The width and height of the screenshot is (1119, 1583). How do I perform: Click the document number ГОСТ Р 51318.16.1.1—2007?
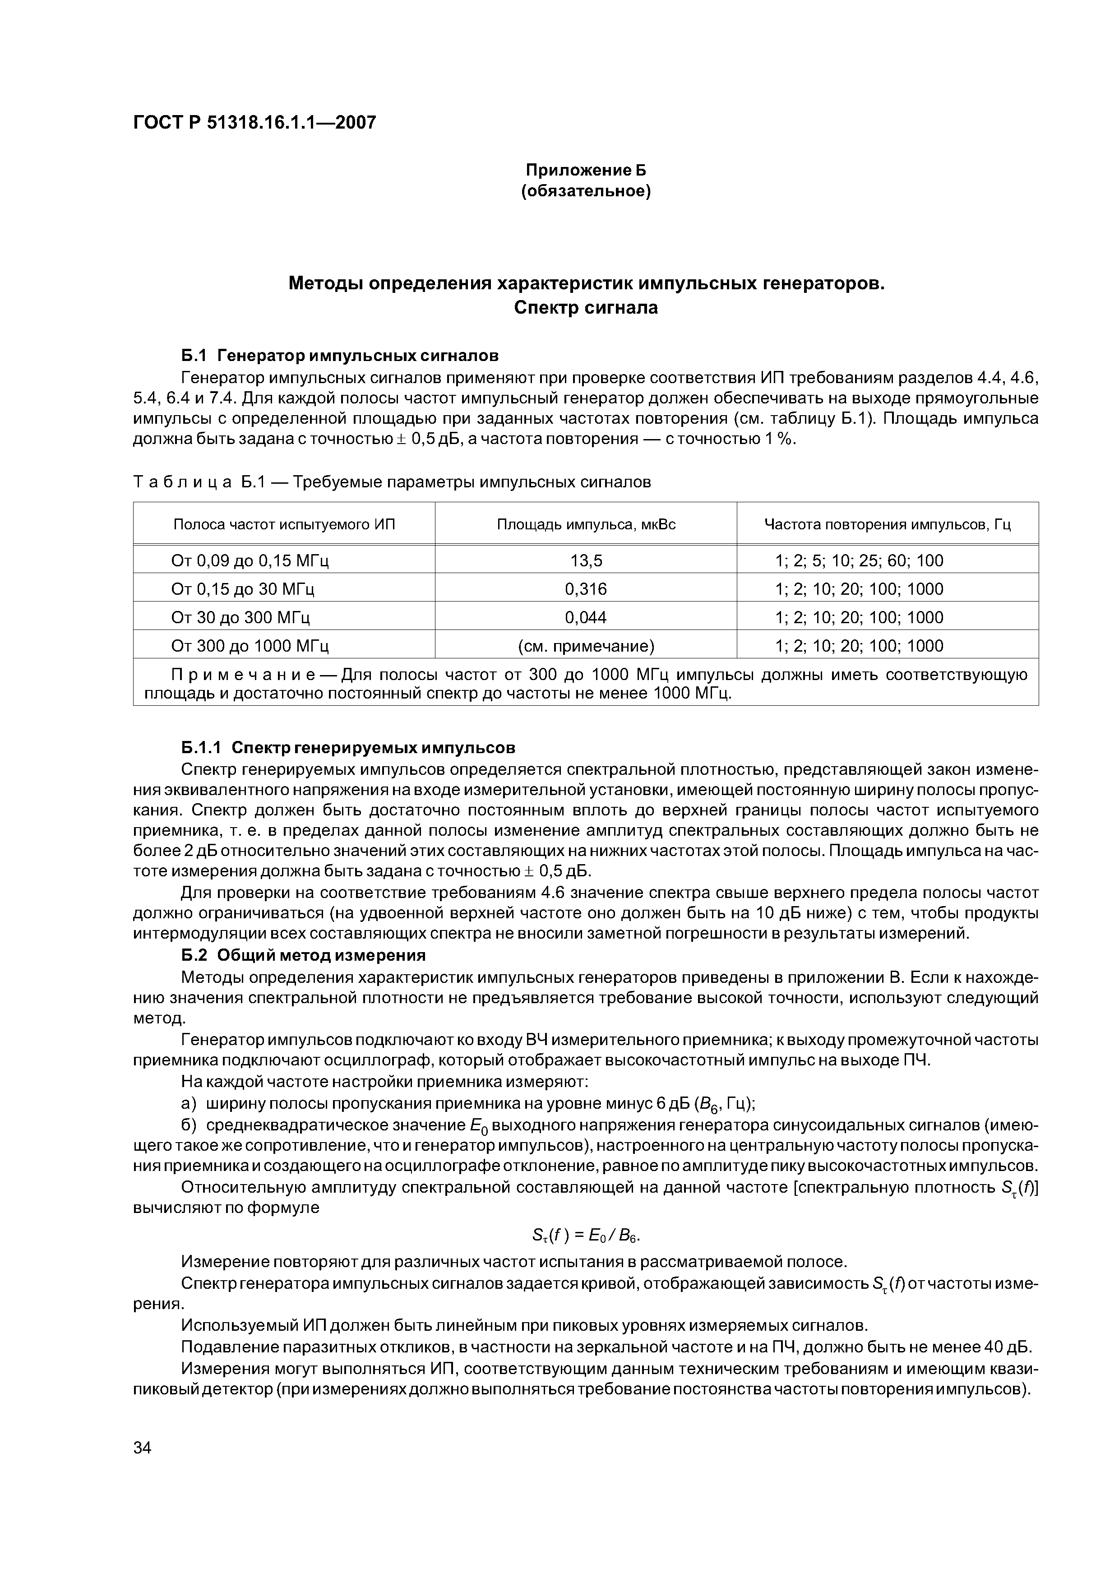(254, 123)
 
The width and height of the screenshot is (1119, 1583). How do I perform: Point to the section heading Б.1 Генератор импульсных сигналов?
(339, 356)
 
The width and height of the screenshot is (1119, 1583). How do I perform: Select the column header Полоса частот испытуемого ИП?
(284, 525)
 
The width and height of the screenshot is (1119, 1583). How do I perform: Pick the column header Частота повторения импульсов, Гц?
(888, 525)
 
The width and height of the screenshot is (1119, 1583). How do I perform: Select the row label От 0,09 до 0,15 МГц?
(250, 560)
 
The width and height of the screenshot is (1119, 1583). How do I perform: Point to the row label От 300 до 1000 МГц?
(250, 646)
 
